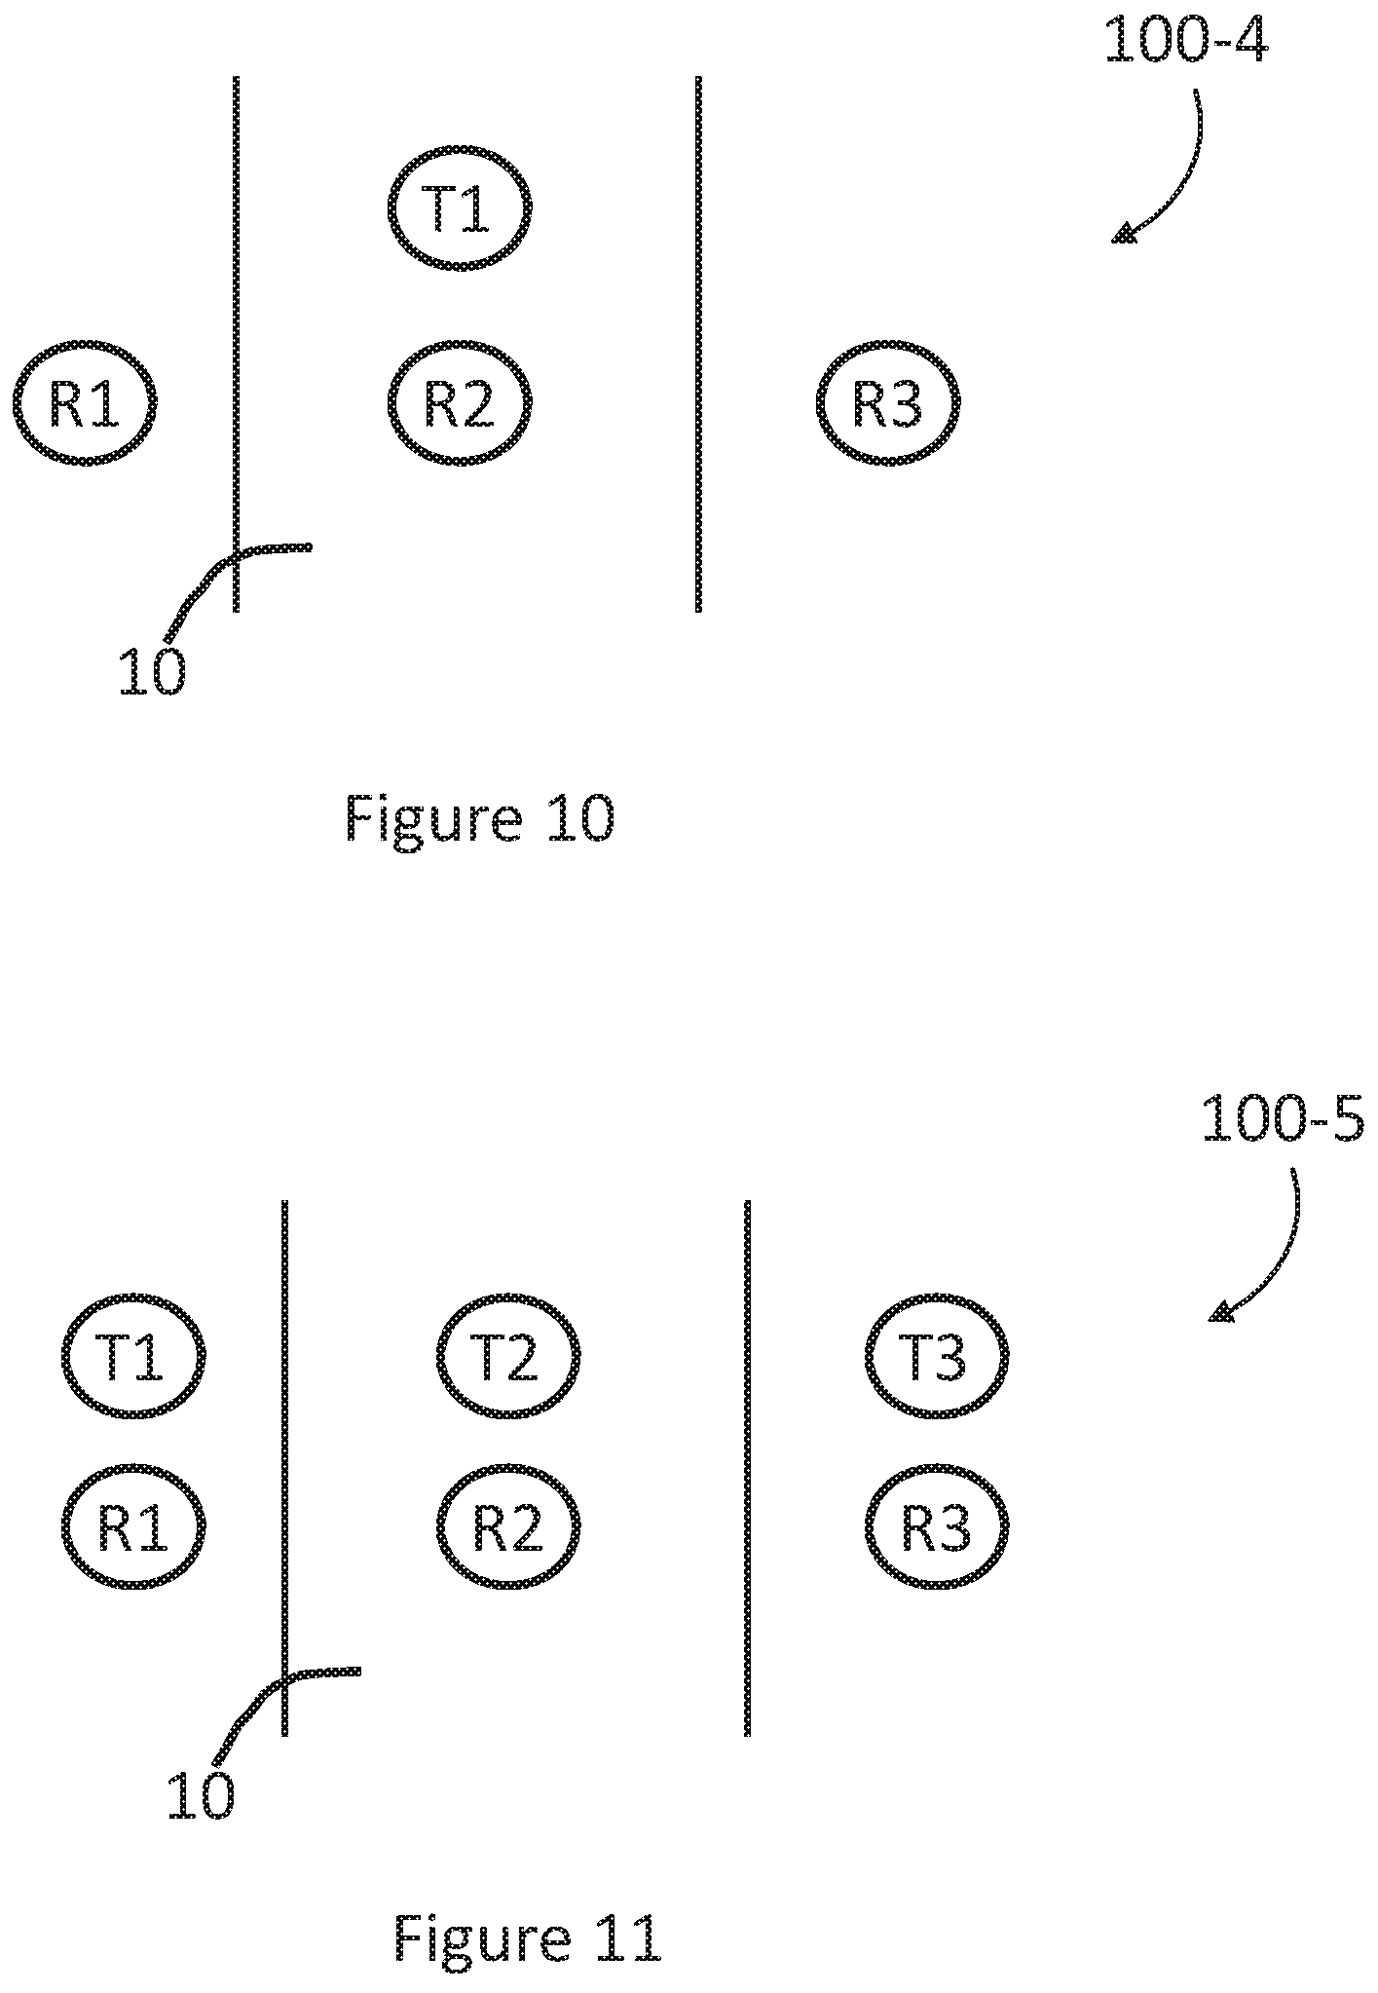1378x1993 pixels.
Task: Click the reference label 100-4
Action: pyautogui.click(x=1186, y=42)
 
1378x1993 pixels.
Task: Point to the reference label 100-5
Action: pyautogui.click(x=1283, y=1119)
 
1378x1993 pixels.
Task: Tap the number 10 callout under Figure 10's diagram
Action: pyautogui.click(x=151, y=671)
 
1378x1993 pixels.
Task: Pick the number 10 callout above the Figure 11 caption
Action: pyautogui.click(x=200, y=1795)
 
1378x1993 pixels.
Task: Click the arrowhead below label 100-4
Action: pyautogui.click(x=1125, y=234)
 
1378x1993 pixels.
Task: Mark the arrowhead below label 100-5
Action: pyautogui.click(x=1221, y=1312)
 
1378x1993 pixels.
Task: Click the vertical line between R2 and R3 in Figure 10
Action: pyautogui.click(x=698, y=344)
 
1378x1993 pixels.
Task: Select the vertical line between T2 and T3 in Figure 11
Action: pyautogui.click(x=747, y=1468)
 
